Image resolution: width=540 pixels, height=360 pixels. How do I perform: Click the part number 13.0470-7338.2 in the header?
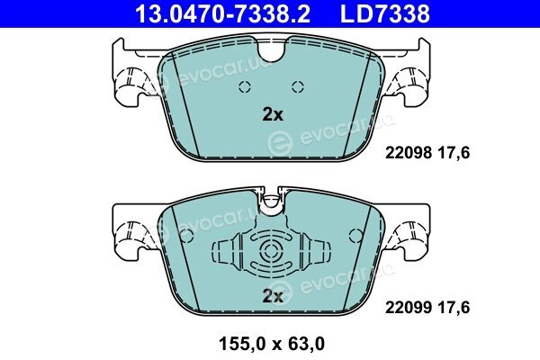tap(223, 13)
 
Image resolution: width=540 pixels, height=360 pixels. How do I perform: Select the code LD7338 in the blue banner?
tap(385, 13)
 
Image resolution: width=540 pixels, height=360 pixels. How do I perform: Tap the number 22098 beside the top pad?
tap(409, 152)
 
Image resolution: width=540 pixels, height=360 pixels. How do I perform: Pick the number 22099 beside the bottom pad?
tap(409, 307)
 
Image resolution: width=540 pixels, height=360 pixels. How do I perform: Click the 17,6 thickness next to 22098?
tap(454, 152)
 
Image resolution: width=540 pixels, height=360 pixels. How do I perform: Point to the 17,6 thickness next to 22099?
tap(454, 307)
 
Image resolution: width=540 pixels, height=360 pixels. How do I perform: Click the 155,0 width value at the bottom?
tap(244, 344)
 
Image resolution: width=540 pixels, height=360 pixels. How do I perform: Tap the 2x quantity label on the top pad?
tap(273, 114)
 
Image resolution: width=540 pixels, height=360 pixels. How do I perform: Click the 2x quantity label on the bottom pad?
tap(273, 295)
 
